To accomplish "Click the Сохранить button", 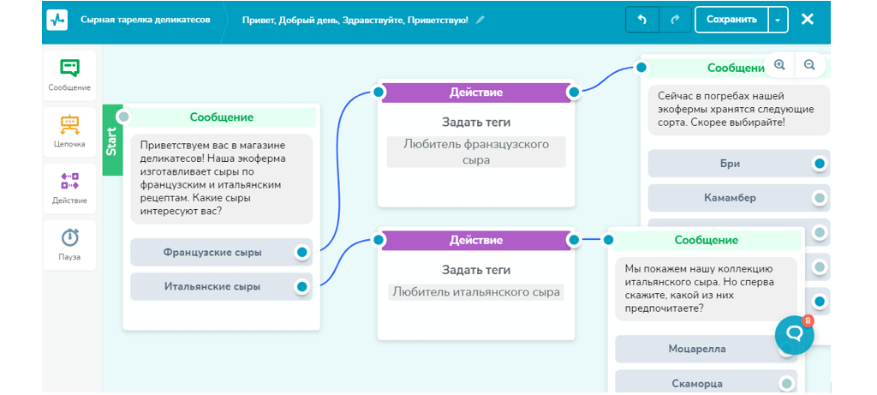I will click(731, 20).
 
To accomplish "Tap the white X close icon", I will click(807, 20).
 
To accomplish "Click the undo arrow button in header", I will click(642, 20).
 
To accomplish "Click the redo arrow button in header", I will click(675, 20).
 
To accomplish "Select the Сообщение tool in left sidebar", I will click(69, 75).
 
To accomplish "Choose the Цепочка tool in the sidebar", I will click(69, 132).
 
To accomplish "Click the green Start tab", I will click(112, 141).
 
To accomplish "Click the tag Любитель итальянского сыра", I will click(476, 292).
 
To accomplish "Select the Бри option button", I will click(730, 164).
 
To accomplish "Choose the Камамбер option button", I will click(730, 198).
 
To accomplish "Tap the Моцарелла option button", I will click(696, 350).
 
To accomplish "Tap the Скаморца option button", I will click(696, 383).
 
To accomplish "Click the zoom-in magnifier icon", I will click(779, 65).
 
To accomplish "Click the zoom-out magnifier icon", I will click(809, 65).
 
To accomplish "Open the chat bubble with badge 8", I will click(794, 334).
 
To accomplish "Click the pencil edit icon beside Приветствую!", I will click(480, 20).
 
